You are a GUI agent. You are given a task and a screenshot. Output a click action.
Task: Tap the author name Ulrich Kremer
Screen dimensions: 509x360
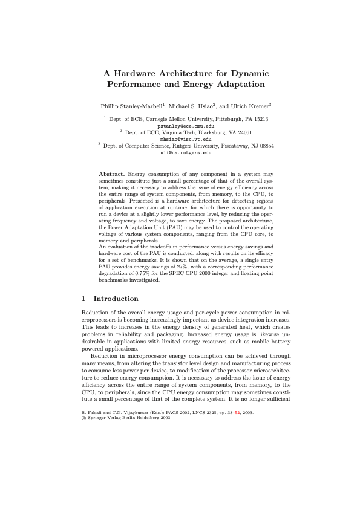coord(250,105)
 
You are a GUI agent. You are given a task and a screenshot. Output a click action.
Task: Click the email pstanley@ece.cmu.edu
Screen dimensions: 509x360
coord(185,126)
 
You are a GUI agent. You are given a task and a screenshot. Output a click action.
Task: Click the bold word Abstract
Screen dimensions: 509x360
coord(112,174)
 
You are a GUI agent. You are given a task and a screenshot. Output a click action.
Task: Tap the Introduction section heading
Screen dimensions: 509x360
coord(116,299)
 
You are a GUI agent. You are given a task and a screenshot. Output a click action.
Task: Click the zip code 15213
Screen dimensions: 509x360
coord(260,120)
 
